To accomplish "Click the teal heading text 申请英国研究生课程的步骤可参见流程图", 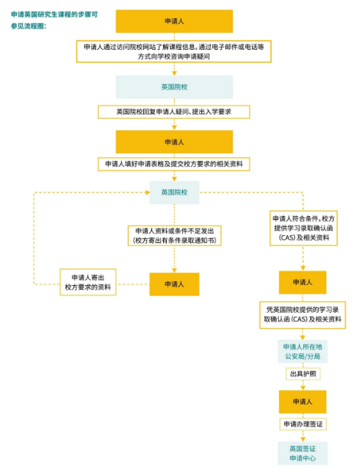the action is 54,20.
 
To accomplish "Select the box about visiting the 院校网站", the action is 174,51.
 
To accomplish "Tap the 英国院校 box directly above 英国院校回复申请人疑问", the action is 175,87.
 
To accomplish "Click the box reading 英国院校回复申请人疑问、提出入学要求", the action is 174,112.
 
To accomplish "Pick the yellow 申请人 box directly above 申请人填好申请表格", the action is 175,142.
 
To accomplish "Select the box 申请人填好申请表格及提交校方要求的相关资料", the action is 174,164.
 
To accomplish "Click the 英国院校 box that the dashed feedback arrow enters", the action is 175,192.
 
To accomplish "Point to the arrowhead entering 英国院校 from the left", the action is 147,192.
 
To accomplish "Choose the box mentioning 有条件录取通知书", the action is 175,236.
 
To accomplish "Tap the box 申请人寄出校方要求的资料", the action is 88,282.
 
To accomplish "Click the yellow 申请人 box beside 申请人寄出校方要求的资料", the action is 175,284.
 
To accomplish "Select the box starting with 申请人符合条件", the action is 303,228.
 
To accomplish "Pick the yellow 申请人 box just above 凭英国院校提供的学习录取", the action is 303,282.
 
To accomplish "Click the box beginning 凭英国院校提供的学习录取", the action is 303,315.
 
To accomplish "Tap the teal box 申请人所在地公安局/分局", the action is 303,352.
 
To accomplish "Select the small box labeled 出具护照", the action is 303,374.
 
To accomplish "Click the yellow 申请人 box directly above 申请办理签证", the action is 303,402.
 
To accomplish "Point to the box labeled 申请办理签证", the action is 303,424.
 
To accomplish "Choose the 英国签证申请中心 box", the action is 303,453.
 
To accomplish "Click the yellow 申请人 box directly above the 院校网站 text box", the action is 175,21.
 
